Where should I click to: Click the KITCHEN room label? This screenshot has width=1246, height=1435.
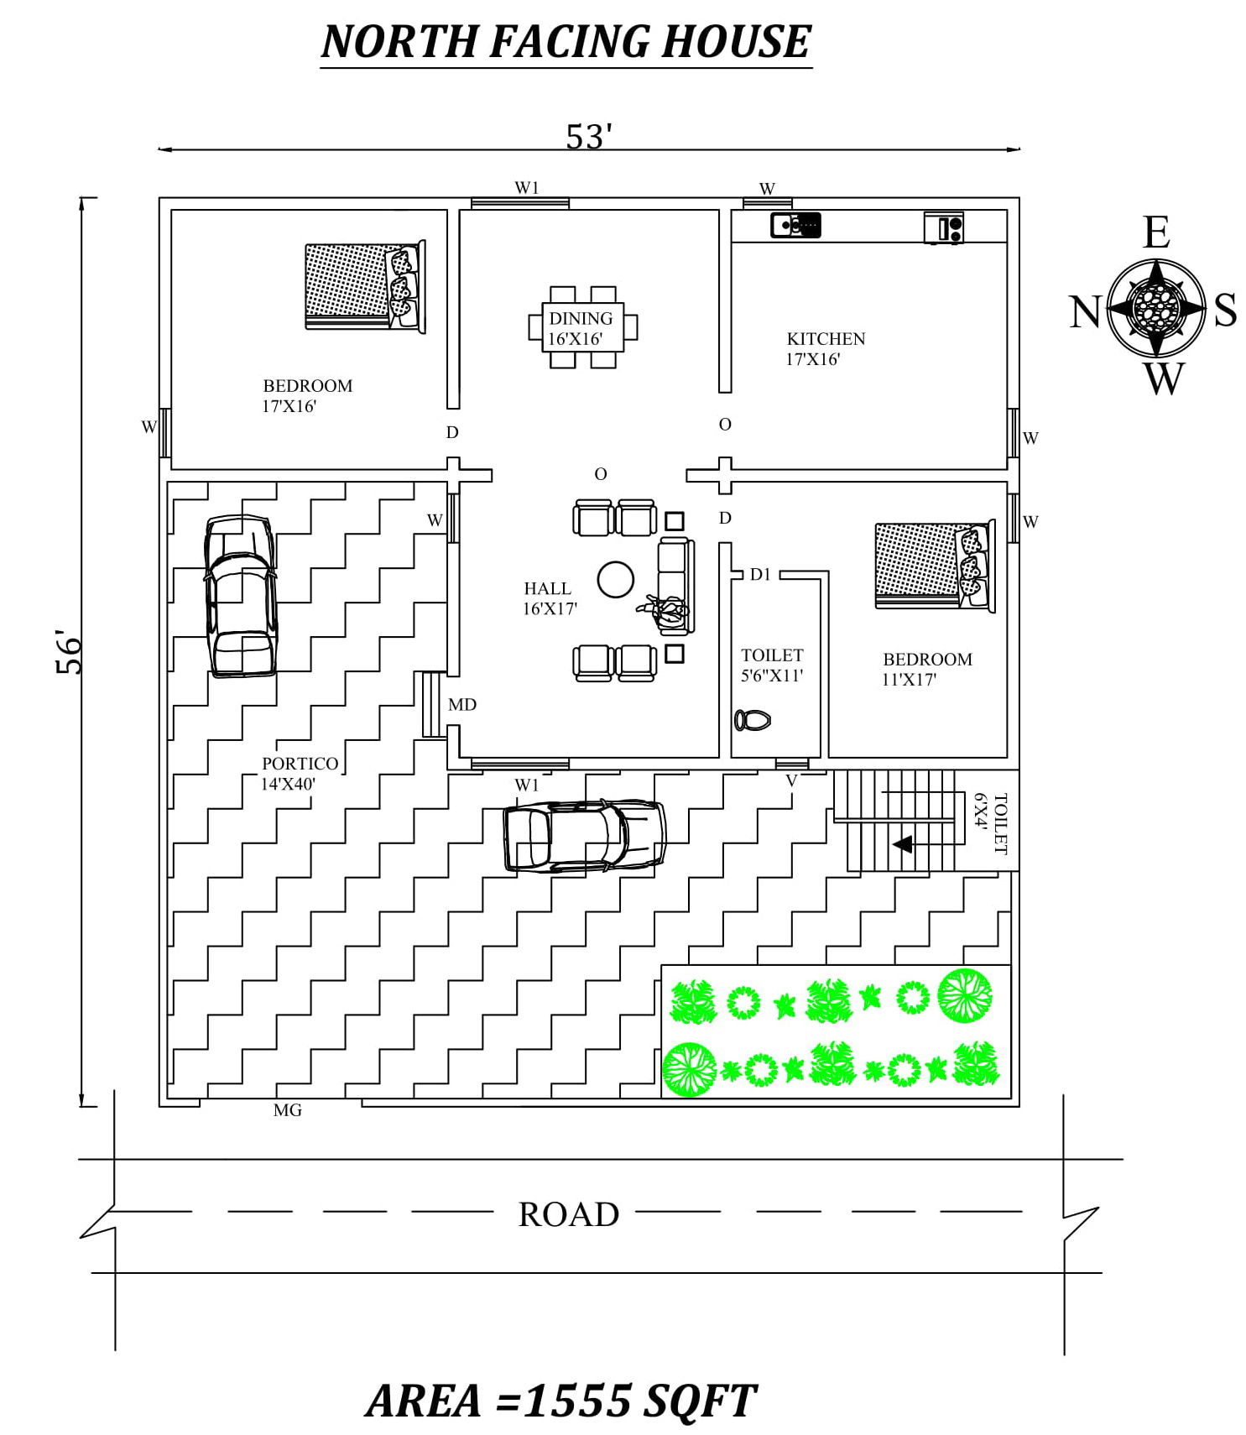826,338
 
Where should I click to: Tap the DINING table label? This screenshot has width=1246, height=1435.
581,318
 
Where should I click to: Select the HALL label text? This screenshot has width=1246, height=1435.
547,588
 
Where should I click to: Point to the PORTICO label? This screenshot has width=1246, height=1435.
300,764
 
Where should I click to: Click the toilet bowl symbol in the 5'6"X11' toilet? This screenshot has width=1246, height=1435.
753,720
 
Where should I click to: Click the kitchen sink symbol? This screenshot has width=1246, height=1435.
795,225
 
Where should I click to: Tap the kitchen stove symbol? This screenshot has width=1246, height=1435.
944,227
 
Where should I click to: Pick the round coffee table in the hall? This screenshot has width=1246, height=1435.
615,579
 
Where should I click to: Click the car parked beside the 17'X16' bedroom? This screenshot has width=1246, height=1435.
240,596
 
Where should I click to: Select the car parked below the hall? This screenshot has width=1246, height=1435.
584,836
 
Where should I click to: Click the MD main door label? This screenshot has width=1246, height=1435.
462,705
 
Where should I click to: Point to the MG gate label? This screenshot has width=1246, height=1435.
288,1110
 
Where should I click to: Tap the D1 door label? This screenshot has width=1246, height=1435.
760,575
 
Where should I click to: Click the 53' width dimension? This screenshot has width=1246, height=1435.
589,137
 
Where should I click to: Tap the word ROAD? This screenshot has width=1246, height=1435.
569,1214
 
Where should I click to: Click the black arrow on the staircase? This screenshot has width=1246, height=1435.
903,844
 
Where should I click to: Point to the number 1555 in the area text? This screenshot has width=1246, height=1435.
578,1401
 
